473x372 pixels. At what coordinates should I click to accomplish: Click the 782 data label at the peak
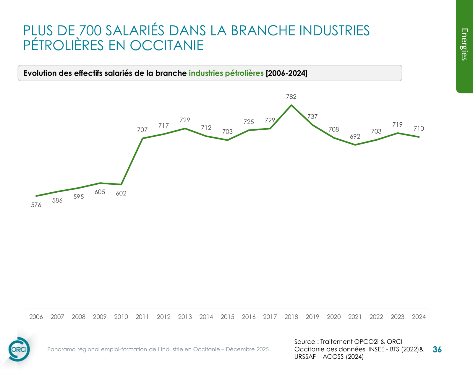point(291,97)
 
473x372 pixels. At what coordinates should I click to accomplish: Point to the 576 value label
point(36,205)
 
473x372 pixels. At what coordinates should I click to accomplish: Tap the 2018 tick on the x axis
point(291,317)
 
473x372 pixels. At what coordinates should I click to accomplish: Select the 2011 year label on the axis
point(142,317)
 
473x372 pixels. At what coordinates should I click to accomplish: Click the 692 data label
point(355,137)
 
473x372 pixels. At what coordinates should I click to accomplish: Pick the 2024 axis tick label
point(419,317)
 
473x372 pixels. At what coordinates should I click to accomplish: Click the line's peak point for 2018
point(291,105)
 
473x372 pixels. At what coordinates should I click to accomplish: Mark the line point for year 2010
point(121,184)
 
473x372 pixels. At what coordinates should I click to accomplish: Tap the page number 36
point(437,350)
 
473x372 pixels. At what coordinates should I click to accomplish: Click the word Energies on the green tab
point(464,45)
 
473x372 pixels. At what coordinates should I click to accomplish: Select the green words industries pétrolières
point(226,73)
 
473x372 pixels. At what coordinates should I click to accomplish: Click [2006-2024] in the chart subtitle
point(286,73)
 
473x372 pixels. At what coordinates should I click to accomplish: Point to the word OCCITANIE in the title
point(167,46)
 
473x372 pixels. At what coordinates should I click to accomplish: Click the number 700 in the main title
point(90,30)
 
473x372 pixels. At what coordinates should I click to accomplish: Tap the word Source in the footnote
point(304,342)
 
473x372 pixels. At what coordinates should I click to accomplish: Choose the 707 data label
point(142,130)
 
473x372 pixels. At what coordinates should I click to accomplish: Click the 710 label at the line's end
point(419,129)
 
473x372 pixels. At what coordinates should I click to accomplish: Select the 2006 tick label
point(36,317)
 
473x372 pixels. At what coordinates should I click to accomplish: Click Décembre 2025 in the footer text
point(247,349)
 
